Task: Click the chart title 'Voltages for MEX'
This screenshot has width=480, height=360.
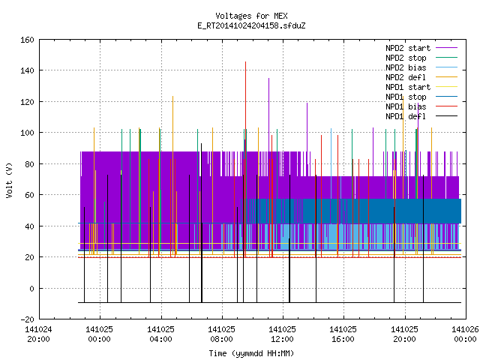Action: point(251,16)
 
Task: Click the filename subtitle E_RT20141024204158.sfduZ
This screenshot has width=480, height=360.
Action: point(251,25)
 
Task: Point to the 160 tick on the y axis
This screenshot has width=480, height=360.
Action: point(27,40)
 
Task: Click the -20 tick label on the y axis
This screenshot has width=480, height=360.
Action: point(27,319)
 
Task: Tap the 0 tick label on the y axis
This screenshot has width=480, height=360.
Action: point(31,288)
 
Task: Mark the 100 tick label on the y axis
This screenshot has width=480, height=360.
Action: point(27,133)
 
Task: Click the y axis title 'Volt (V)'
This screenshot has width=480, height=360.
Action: point(9,180)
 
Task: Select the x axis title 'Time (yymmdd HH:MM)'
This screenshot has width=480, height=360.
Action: point(251,353)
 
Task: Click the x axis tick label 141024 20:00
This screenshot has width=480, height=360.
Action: point(38,334)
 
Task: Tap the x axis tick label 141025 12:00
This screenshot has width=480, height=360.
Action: point(282,334)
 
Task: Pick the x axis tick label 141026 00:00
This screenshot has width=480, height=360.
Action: point(465,334)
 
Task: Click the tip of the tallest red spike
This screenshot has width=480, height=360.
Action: point(245,61)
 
